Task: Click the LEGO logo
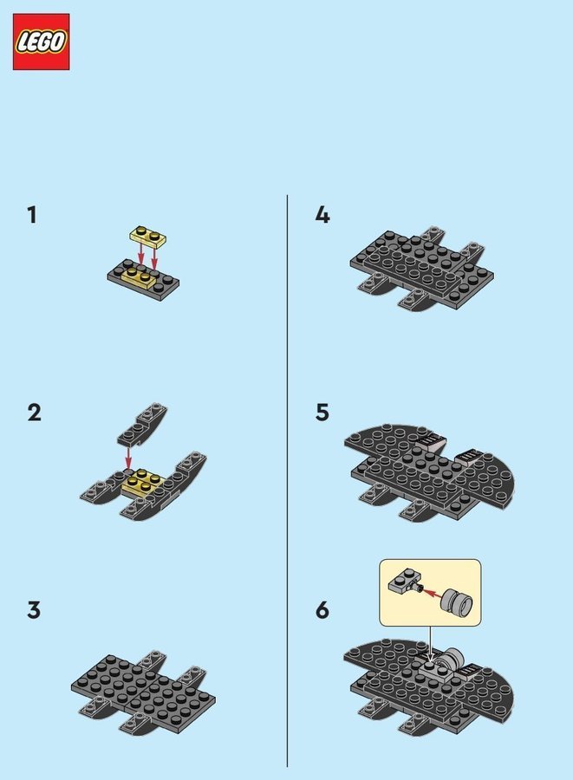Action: coord(42,42)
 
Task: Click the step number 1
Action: coord(32,216)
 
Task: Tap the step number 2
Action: coord(34,413)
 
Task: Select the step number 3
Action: coord(34,610)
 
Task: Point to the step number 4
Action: coord(322,216)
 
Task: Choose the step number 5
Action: coord(322,413)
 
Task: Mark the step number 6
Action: coord(322,610)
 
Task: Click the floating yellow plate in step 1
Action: coord(147,237)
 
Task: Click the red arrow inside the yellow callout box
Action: coord(431,593)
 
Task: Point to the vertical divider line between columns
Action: coord(287,480)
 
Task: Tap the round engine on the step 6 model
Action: coord(452,658)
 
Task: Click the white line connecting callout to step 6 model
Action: coord(431,644)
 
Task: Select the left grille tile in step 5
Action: coord(429,441)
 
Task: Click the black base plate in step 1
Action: coord(143,280)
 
